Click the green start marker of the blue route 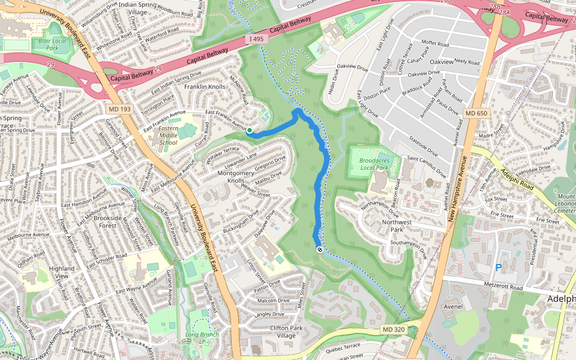pos(250,130)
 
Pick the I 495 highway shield pos(255,39)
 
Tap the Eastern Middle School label pos(167,136)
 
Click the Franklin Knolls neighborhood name pos(205,87)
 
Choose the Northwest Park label pos(397,226)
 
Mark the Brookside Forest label pos(108,222)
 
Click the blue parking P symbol pos(498,268)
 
